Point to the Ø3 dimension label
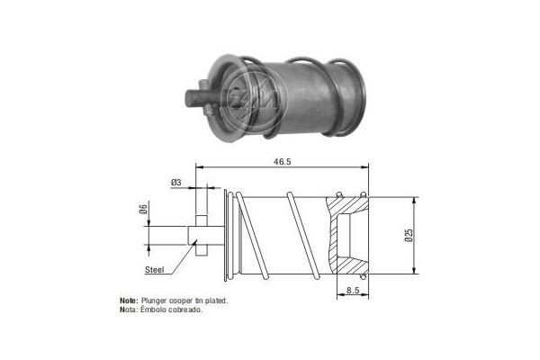pos(175,183)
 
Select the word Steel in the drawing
pos(156,268)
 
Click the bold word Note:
pos(128,300)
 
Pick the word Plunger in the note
pos(155,300)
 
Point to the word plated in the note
pos(215,300)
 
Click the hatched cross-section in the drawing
pos(344,234)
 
